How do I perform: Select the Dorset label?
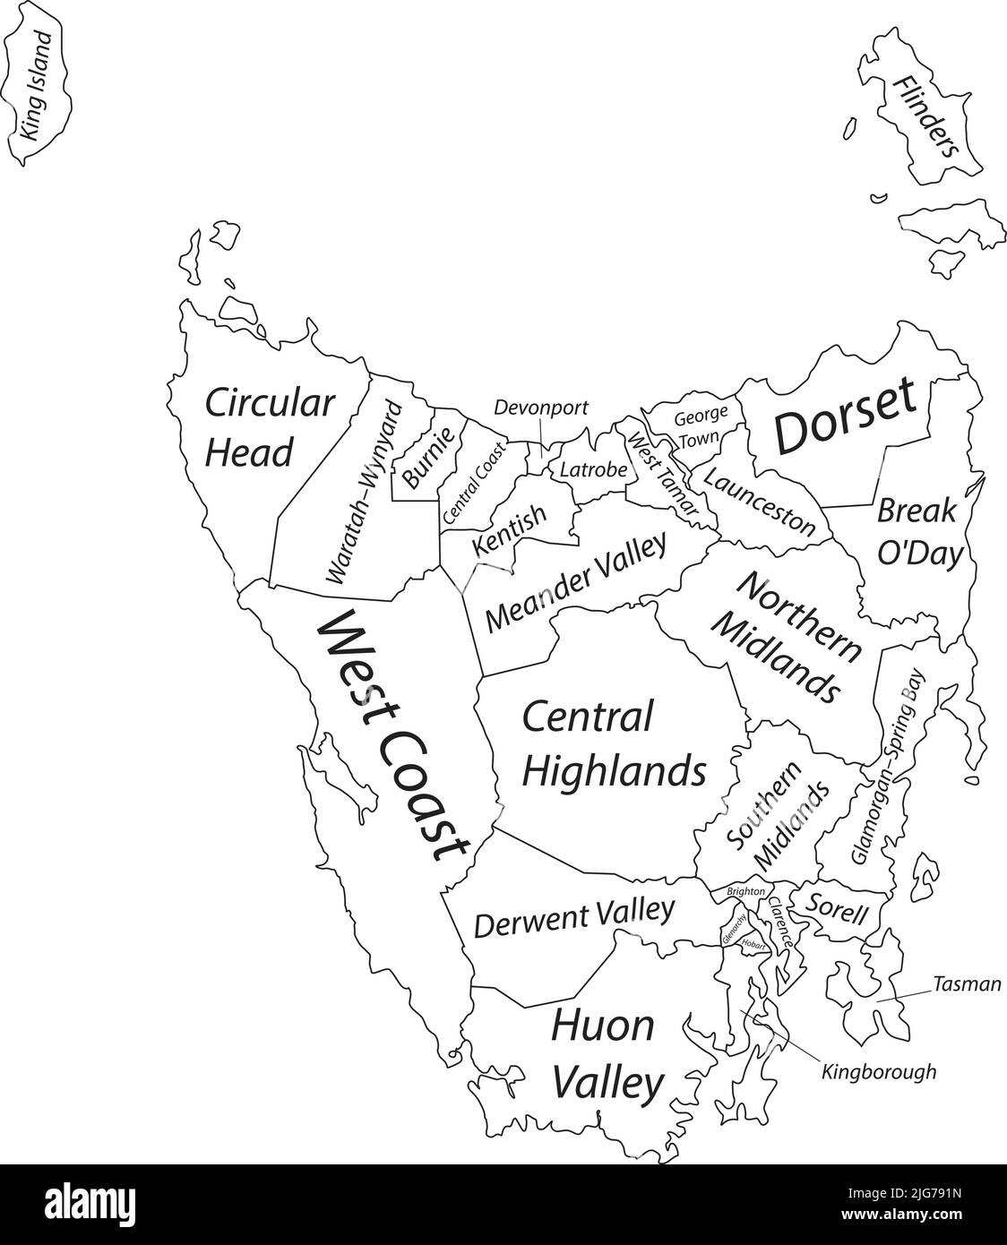pyautogui.click(x=845, y=416)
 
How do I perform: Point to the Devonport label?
pyautogui.click(x=541, y=408)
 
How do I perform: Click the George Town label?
pyautogui.click(x=696, y=428)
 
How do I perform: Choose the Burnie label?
pyautogui.click(x=429, y=455)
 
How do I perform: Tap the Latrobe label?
pyautogui.click(x=588, y=468)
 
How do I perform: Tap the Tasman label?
pyautogui.click(x=966, y=984)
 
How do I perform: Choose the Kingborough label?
pyautogui.click(x=878, y=1070)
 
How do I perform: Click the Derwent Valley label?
pyautogui.click(x=573, y=918)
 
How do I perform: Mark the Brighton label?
pyautogui.click(x=746, y=892)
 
